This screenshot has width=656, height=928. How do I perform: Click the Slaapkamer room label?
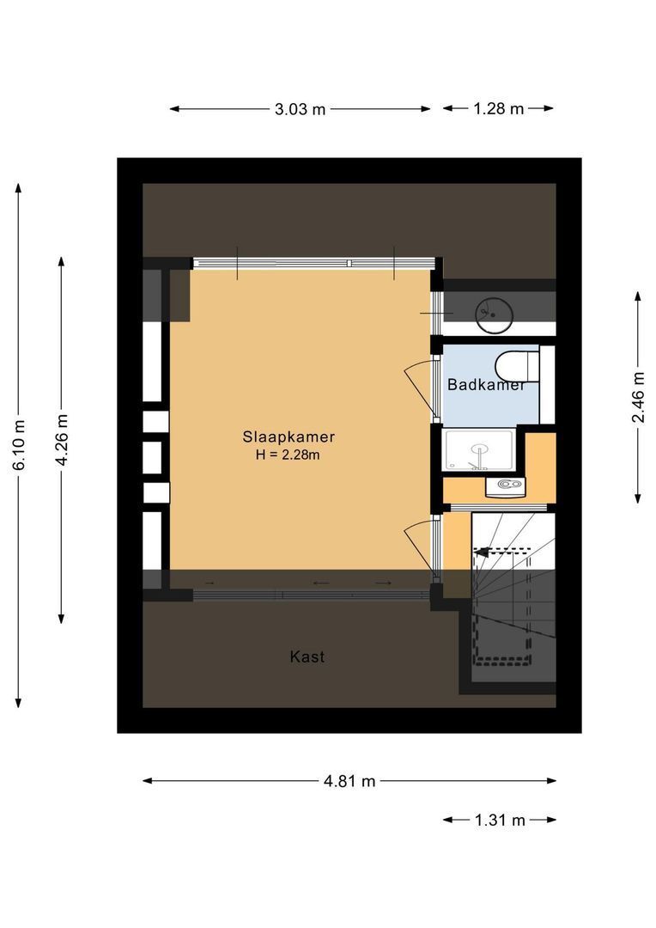point(288,437)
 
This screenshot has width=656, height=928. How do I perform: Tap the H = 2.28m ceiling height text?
point(288,455)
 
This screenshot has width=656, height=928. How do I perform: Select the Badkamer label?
point(486,385)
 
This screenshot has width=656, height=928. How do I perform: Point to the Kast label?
point(307,657)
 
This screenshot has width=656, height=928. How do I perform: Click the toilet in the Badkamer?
point(516,363)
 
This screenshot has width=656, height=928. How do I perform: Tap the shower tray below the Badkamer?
point(479,449)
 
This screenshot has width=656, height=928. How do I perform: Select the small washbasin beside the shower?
point(504,487)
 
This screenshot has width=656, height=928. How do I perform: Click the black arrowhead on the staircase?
point(483,552)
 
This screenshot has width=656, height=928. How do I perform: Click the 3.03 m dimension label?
point(300,109)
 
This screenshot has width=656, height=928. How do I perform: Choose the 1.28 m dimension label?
point(498,109)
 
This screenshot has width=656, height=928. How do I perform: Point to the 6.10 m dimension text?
point(19,445)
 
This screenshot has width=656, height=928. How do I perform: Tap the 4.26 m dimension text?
point(61,439)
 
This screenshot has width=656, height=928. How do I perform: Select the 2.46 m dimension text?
point(638,397)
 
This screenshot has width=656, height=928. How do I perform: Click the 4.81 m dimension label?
point(349,781)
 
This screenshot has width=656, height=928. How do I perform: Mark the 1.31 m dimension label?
point(500,820)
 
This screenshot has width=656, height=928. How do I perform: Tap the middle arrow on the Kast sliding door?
point(320,584)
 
